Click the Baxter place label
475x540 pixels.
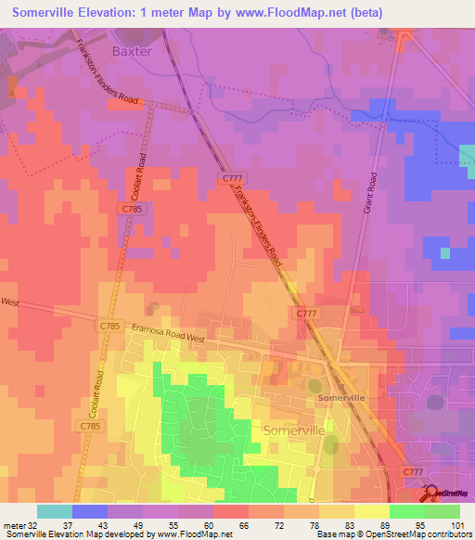[131, 52]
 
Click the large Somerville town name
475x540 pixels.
[296, 431]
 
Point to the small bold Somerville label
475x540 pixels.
[340, 397]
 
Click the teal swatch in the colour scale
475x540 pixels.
[55, 511]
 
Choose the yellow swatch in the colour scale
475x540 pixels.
[372, 511]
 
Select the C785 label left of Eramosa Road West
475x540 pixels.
[110, 327]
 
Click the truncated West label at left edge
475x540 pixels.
[10, 302]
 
